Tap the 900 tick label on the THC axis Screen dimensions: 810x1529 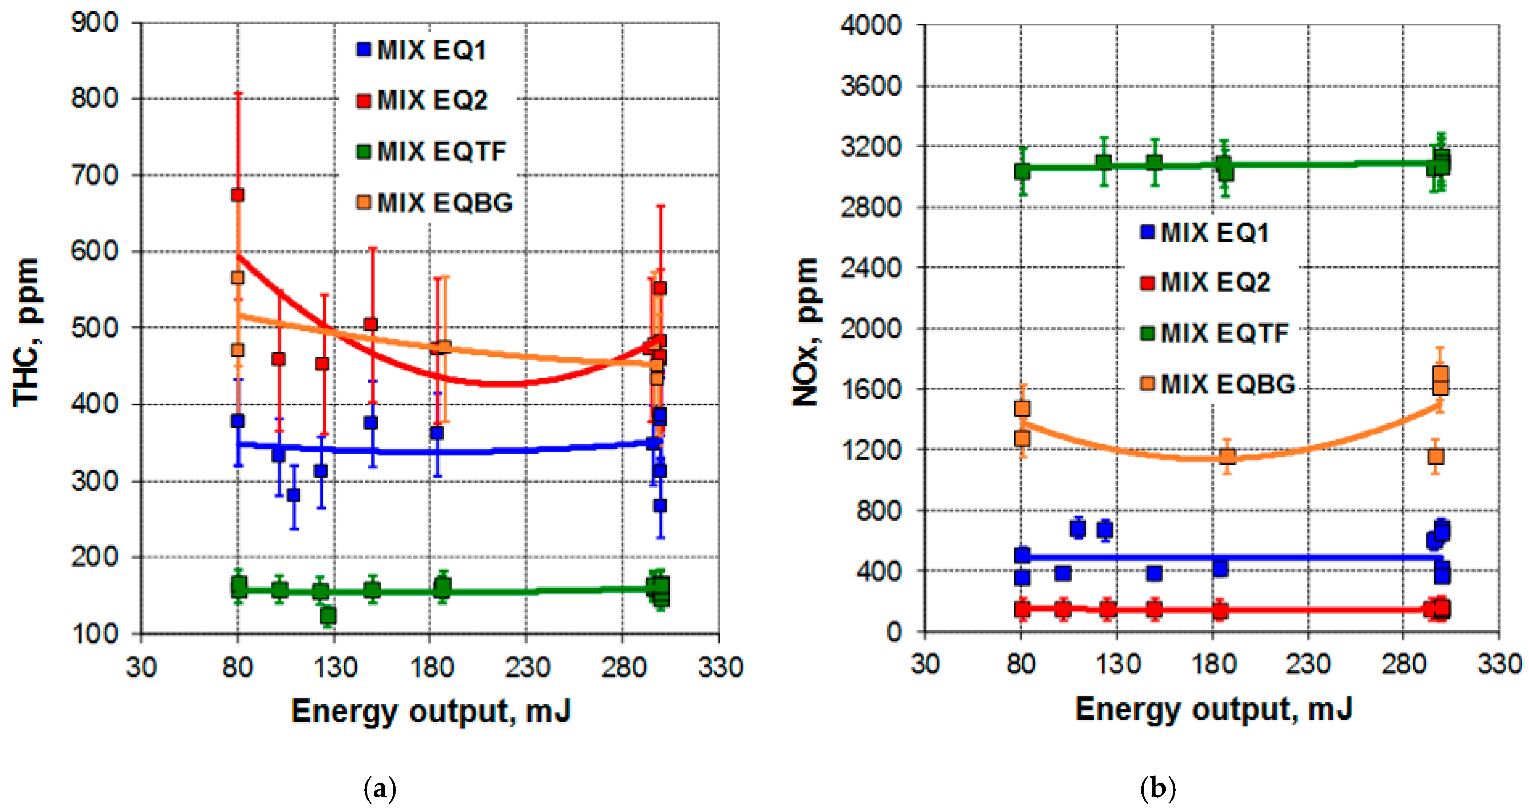click(x=95, y=23)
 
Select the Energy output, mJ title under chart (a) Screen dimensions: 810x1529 click(x=431, y=711)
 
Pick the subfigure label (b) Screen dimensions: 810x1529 click(x=1158, y=789)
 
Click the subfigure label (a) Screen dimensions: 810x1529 click(x=379, y=789)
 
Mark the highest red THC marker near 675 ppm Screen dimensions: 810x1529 click(x=237, y=195)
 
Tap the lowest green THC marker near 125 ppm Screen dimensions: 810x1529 click(x=328, y=615)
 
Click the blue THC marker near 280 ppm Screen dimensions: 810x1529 click(x=293, y=495)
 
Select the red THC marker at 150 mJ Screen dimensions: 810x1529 click(x=371, y=324)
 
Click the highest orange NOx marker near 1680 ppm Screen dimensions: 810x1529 click(x=1440, y=375)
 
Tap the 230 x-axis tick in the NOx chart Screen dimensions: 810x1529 click(x=1307, y=664)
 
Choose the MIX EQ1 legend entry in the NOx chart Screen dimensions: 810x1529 click(x=1205, y=232)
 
